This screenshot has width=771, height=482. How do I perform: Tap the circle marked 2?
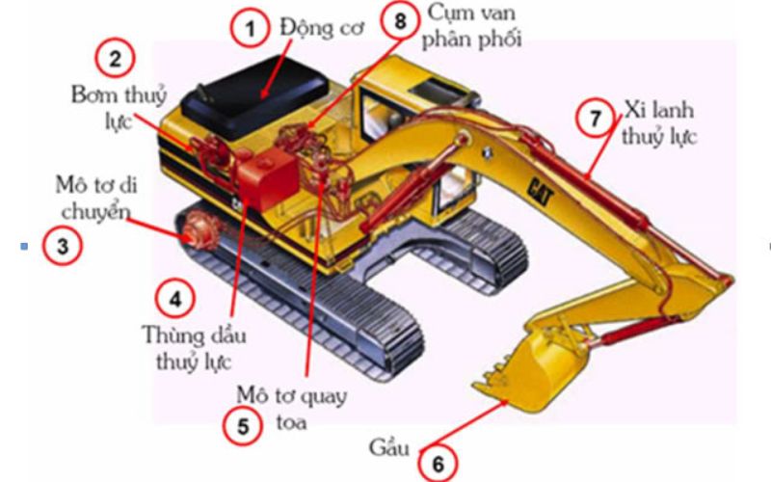(116, 58)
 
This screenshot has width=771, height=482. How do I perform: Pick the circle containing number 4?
(175, 298)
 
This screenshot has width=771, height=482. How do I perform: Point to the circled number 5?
(241, 426)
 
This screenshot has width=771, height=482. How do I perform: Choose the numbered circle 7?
(595, 119)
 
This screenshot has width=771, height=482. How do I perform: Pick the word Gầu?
(388, 448)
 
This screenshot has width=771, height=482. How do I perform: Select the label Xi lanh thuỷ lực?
(658, 122)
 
